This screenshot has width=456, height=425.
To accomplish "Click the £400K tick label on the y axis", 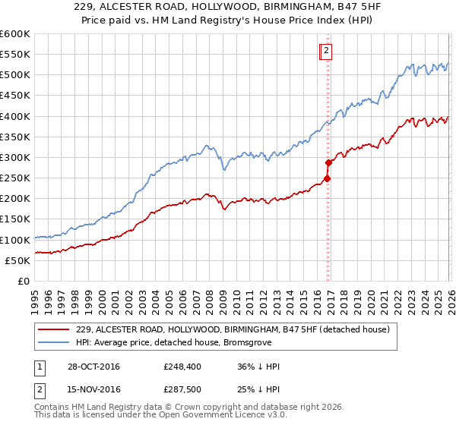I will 15,116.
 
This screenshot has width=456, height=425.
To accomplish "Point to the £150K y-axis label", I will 15,219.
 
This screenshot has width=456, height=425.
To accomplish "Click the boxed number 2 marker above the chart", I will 326,51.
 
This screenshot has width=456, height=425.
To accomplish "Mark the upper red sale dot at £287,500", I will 328,162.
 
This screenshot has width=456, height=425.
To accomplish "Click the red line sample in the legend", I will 54,329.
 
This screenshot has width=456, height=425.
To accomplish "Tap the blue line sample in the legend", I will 54,342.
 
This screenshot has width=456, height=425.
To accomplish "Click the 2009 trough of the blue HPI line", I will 224,170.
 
